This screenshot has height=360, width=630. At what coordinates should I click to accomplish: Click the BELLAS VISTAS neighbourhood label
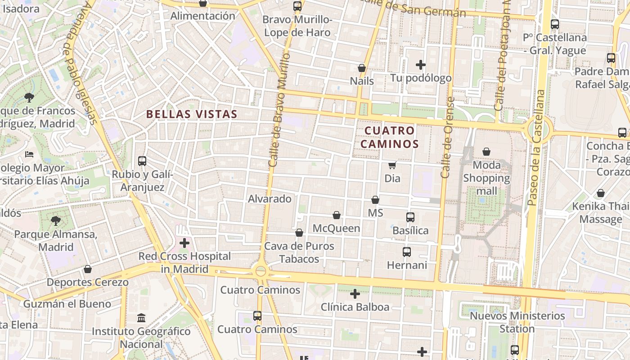(192, 114)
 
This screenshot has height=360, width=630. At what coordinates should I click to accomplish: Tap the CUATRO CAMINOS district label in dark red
(390, 137)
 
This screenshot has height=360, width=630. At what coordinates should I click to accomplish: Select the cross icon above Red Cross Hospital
(184, 243)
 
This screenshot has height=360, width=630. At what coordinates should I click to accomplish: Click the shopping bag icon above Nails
(361, 68)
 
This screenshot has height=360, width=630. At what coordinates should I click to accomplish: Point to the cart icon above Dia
(392, 166)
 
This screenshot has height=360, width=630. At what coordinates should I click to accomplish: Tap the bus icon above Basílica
(410, 217)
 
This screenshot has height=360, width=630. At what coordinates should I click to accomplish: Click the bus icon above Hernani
(407, 252)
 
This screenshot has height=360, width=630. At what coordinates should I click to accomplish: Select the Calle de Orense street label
(447, 137)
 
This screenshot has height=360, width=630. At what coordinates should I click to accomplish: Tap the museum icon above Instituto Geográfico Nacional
(141, 318)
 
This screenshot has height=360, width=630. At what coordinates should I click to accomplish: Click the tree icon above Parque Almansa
(56, 221)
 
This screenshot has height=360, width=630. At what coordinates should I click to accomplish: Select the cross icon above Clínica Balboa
(355, 294)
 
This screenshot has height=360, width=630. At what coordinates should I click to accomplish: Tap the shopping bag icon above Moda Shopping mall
(486, 152)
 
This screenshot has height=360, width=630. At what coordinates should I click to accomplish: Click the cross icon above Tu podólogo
(421, 65)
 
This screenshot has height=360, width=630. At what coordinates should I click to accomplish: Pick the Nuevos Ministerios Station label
(517, 322)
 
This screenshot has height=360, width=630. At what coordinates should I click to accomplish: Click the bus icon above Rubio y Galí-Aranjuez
(142, 161)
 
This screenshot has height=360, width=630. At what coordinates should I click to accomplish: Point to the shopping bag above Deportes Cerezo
(88, 270)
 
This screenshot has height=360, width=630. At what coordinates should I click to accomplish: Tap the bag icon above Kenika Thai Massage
(600, 193)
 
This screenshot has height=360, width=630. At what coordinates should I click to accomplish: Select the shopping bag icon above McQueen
(337, 216)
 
